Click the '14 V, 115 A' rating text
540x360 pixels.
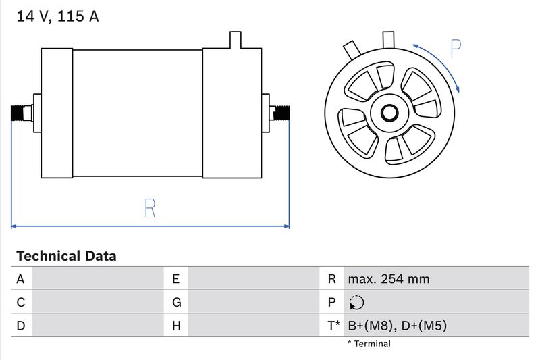click(57, 16)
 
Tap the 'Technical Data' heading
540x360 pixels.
click(66, 256)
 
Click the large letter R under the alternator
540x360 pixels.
click(150, 208)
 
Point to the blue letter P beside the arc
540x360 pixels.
click(456, 48)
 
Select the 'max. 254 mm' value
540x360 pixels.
click(388, 279)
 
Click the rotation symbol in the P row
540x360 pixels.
click(357, 303)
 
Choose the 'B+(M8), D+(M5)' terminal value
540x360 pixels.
click(397, 326)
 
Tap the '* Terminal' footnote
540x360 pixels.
click(369, 344)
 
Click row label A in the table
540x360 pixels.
click(20, 279)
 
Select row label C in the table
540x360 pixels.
click(20, 303)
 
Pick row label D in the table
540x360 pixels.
click(20, 326)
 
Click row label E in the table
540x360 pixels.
click(175, 279)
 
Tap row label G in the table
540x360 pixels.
click(176, 303)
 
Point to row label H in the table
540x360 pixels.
click(176, 326)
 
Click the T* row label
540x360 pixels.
click(333, 326)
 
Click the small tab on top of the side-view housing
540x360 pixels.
click(235, 40)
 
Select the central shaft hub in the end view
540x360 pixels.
click(389, 112)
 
